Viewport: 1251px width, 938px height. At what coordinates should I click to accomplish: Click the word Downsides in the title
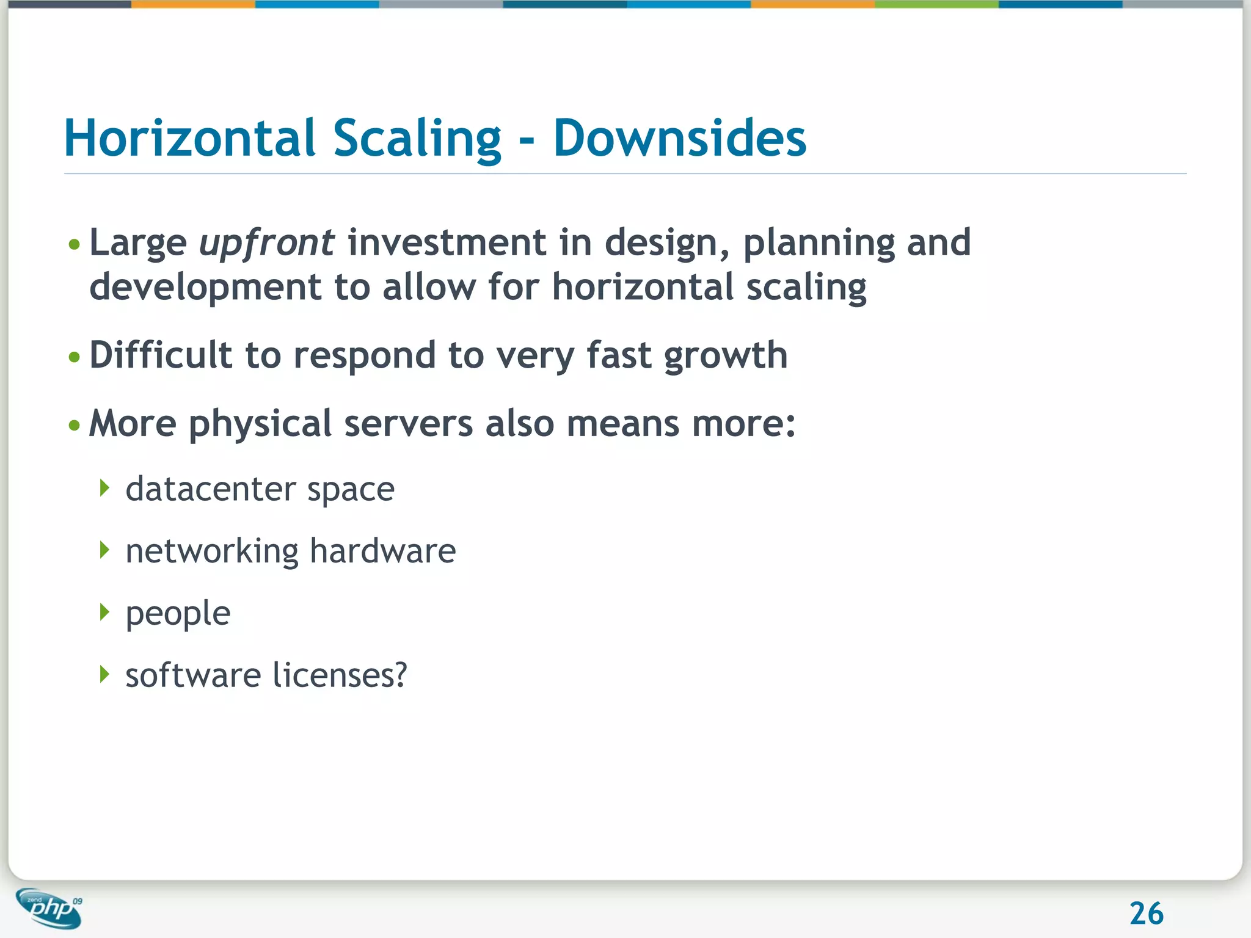click(x=679, y=138)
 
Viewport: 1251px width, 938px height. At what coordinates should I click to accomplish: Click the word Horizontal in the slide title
click(x=189, y=138)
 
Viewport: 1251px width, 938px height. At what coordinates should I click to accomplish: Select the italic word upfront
click(x=266, y=243)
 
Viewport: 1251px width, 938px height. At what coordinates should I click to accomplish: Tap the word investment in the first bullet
click(x=447, y=242)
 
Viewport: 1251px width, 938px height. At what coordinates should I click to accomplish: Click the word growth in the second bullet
click(x=725, y=357)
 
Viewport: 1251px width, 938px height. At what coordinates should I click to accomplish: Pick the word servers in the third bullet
click(x=408, y=423)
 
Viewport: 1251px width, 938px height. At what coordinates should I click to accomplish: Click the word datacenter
click(x=210, y=489)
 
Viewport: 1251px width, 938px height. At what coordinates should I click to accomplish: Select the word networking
click(x=212, y=551)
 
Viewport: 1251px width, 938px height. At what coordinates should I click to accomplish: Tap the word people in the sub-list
click(x=178, y=614)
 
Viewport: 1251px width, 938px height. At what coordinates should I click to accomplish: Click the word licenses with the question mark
click(x=339, y=675)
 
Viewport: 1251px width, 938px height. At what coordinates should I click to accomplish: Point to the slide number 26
click(x=1146, y=914)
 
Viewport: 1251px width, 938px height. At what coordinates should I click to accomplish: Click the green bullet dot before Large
click(x=75, y=245)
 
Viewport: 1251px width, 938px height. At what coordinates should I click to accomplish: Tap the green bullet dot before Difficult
click(x=75, y=357)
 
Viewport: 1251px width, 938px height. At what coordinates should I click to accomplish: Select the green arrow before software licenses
click(x=105, y=674)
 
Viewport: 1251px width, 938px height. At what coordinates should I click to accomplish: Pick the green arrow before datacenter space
click(x=105, y=488)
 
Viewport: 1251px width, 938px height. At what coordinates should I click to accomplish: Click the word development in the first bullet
click(x=205, y=288)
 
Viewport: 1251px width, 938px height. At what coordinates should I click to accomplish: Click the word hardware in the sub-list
click(x=382, y=551)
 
